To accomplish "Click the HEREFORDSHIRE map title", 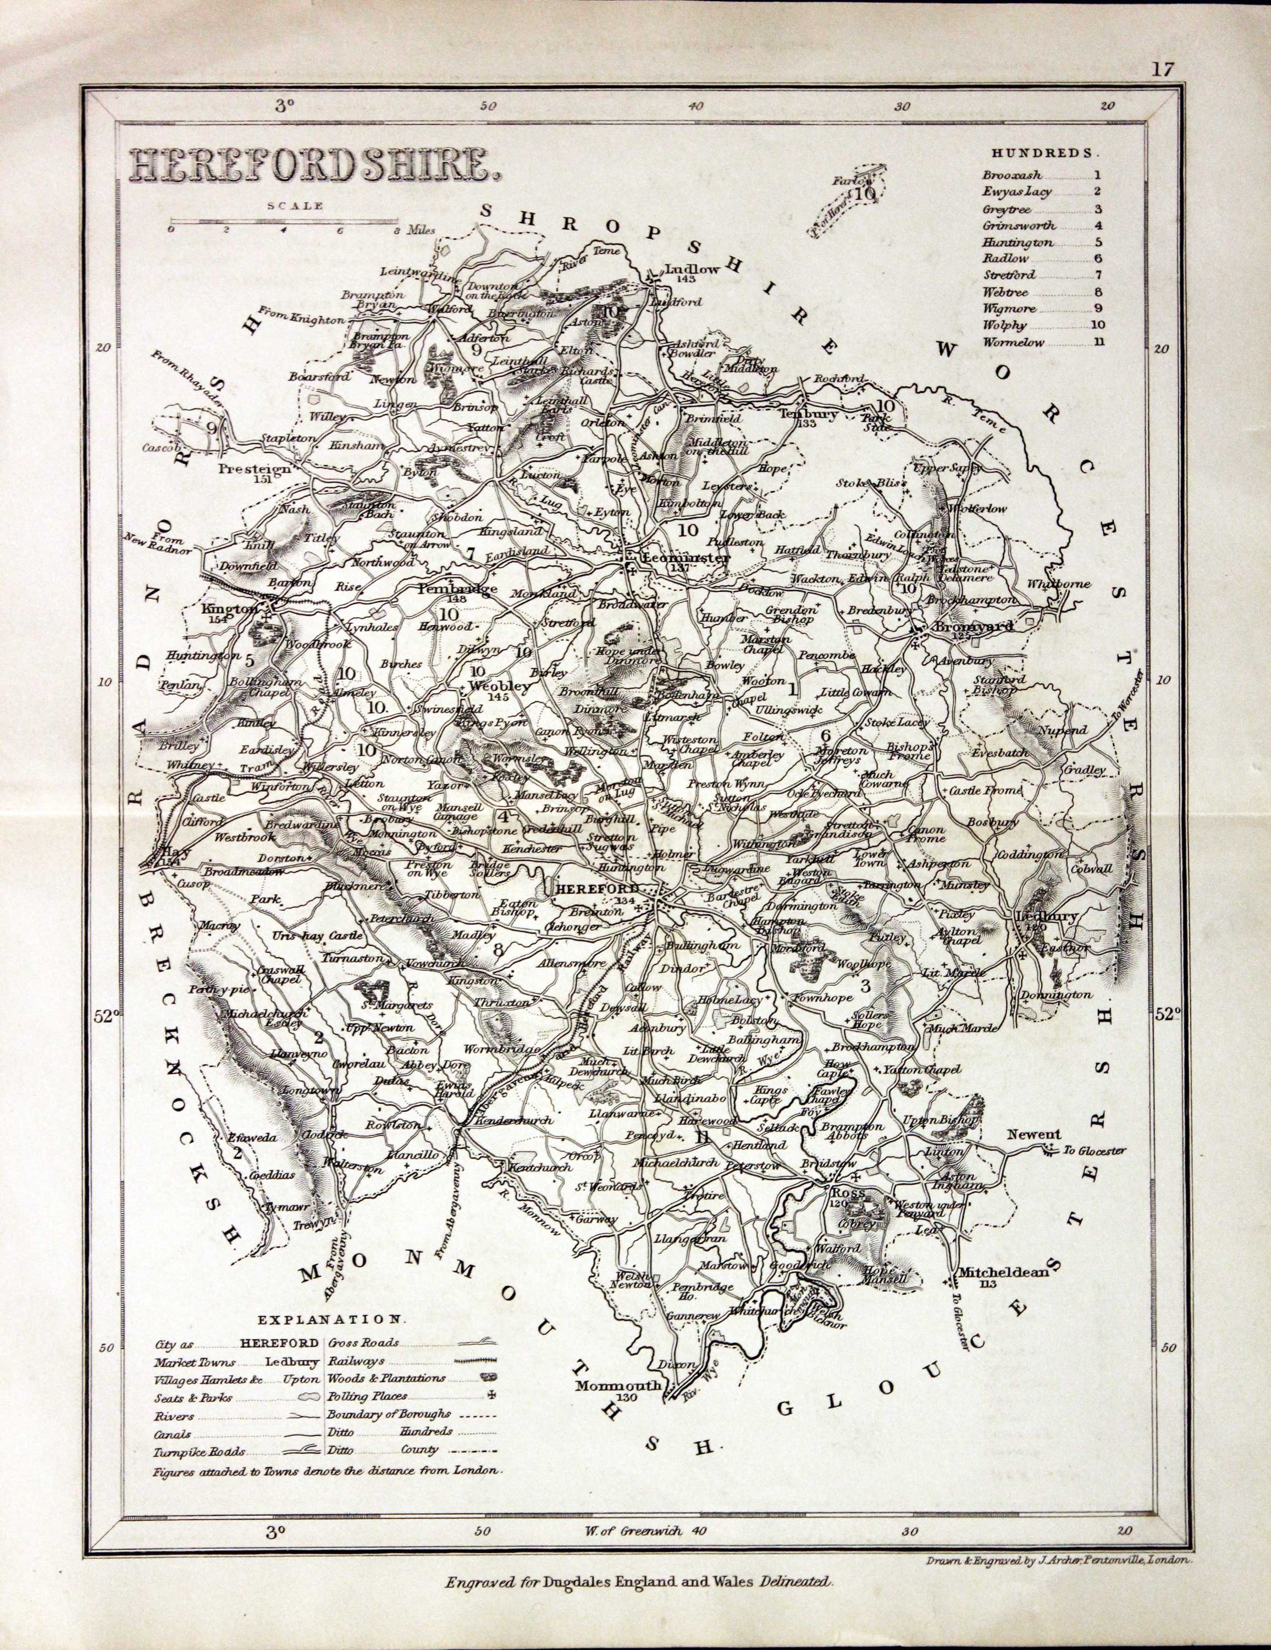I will [311, 164].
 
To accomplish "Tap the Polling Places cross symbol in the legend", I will [496, 1395].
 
